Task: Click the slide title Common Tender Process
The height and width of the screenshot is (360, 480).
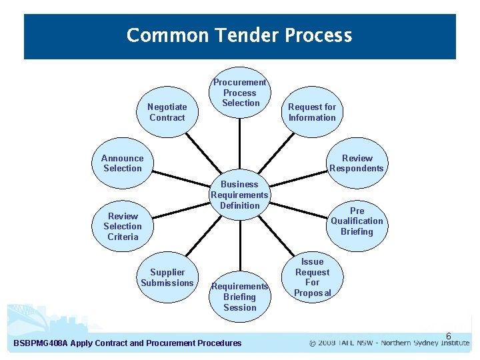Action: coord(239,35)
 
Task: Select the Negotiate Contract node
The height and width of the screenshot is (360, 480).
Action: coord(167,112)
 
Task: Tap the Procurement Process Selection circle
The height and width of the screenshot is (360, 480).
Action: coord(240,93)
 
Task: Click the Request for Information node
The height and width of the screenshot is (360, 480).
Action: coord(312,112)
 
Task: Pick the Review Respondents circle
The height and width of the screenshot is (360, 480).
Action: coord(357,163)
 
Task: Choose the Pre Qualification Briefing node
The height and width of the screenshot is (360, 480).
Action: coord(357,221)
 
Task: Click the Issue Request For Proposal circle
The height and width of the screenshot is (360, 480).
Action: coord(312,277)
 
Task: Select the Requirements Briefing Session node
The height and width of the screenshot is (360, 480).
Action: coord(240,297)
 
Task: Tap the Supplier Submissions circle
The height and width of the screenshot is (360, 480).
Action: coord(167,277)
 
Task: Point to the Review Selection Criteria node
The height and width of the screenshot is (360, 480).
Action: coord(123,226)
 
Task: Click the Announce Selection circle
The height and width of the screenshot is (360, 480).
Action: coord(123,163)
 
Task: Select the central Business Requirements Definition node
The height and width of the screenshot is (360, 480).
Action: coord(240,195)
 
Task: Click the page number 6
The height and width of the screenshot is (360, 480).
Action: coord(449,336)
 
